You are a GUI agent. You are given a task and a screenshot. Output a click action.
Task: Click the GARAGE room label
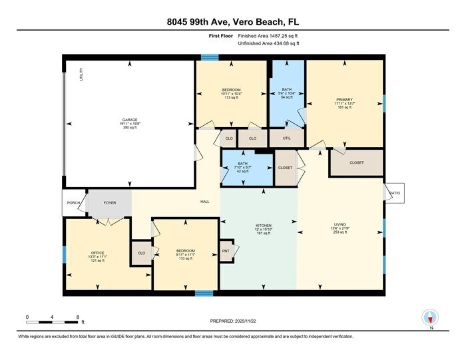click(x=129, y=120)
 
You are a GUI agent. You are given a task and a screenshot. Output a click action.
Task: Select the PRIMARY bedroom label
click(x=344, y=100)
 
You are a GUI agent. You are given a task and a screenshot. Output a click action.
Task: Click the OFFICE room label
click(x=98, y=253)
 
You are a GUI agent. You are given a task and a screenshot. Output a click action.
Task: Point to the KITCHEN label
click(x=264, y=226)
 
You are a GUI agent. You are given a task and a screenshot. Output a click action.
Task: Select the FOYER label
click(x=109, y=203)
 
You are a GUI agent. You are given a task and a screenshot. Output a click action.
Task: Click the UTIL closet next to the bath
click(x=287, y=138)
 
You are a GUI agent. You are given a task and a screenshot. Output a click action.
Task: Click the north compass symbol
click(x=430, y=317)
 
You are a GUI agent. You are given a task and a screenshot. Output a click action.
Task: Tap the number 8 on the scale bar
click(x=78, y=316)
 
